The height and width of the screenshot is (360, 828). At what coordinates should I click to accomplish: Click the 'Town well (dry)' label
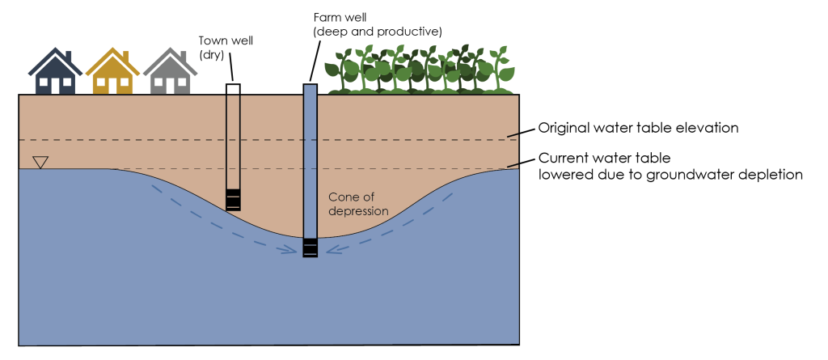(x=214, y=48)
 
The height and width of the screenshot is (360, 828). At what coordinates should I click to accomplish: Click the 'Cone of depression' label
(x=357, y=204)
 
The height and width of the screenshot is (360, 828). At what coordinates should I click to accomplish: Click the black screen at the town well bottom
(x=233, y=199)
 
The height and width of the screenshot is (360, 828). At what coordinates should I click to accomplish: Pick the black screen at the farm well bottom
(x=310, y=248)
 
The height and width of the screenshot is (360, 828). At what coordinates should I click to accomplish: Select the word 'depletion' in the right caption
(x=771, y=174)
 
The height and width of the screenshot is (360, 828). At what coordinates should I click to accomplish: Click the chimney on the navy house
(x=69, y=58)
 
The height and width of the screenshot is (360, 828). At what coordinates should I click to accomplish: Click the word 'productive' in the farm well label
(x=406, y=32)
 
